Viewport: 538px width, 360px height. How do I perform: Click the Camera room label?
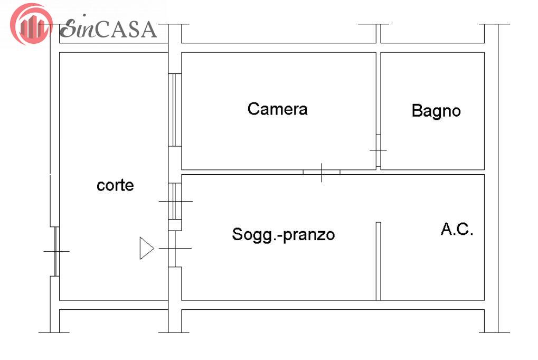[277, 109]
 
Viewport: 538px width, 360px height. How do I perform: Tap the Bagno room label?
[436, 111]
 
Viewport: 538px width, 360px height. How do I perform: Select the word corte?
[115, 185]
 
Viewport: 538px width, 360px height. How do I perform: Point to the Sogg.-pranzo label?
[284, 235]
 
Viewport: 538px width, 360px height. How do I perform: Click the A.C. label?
[457, 229]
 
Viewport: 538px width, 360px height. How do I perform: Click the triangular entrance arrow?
[146, 248]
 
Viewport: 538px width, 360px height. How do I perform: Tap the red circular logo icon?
[31, 24]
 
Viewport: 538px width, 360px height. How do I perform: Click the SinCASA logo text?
[108, 29]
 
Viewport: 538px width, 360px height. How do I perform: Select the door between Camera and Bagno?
[379, 150]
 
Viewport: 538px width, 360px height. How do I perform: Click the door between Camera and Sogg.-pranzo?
[322, 172]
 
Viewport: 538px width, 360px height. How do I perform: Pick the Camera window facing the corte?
[175, 110]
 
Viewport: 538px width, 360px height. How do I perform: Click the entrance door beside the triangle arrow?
[175, 249]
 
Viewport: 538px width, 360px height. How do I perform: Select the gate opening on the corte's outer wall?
[55, 251]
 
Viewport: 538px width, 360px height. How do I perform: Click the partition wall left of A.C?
[379, 261]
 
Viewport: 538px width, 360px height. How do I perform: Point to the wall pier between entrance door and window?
[175, 225]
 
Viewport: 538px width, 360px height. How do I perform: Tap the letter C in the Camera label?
[253, 109]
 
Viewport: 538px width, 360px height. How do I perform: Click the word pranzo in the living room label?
[309, 236]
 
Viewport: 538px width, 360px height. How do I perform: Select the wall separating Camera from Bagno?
[379, 93]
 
